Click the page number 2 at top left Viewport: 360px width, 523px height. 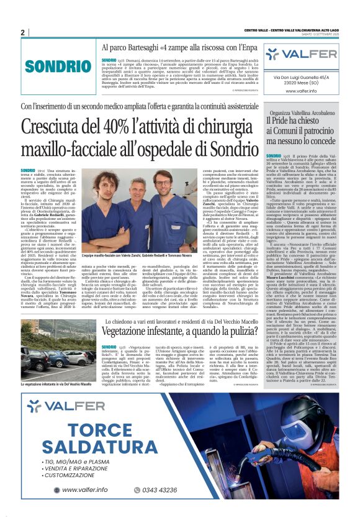[x=22, y=32]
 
